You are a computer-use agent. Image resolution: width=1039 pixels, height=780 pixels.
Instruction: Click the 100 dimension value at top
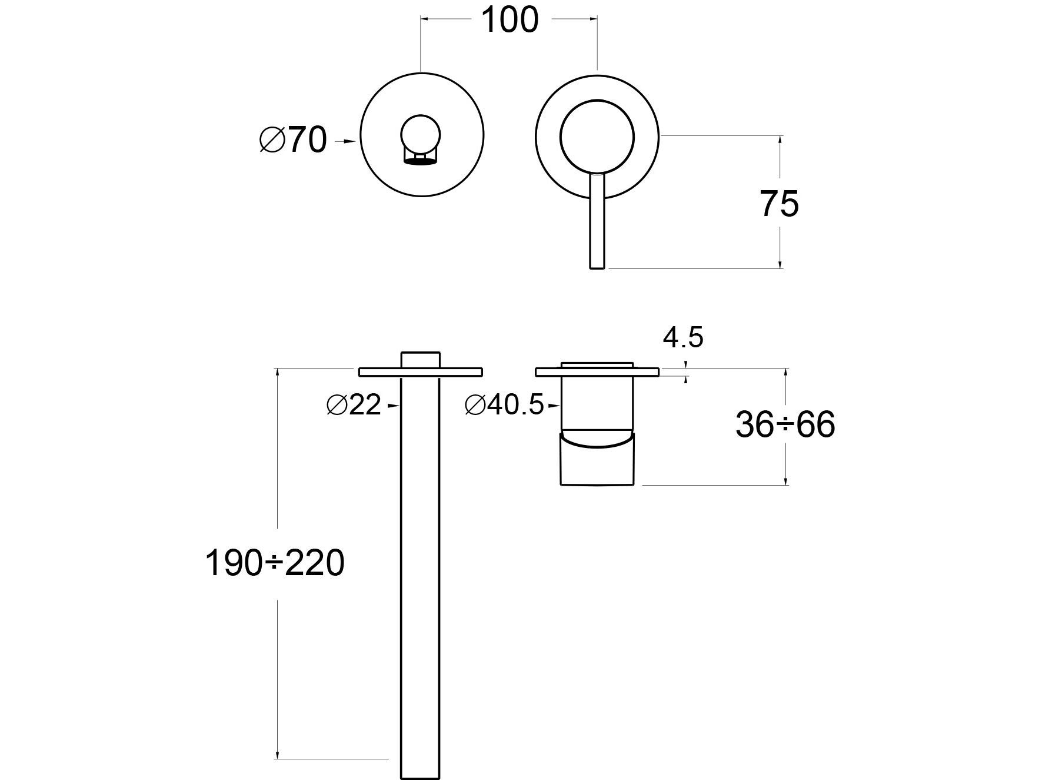click(509, 21)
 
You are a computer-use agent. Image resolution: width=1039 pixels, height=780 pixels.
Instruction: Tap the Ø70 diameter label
click(292, 141)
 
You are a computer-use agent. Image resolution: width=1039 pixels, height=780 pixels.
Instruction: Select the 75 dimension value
click(779, 204)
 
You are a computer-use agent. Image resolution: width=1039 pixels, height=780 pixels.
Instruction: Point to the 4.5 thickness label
click(682, 338)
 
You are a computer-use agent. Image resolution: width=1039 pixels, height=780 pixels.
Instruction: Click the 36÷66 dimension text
click(785, 424)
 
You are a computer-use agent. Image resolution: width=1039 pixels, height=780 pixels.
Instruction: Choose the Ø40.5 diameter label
click(504, 405)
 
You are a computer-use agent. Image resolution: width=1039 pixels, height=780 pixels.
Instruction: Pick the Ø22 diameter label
click(354, 405)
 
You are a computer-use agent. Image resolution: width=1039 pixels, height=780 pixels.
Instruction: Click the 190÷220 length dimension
click(274, 563)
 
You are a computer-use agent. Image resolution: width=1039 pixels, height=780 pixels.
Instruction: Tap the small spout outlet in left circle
click(419, 155)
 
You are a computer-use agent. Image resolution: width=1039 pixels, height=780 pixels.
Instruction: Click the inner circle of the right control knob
click(597, 137)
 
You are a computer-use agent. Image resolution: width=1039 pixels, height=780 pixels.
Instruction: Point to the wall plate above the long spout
click(420, 371)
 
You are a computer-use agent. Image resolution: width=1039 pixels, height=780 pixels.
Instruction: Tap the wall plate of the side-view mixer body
click(597, 371)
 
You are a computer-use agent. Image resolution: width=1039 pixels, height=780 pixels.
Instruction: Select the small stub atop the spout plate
click(420, 360)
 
